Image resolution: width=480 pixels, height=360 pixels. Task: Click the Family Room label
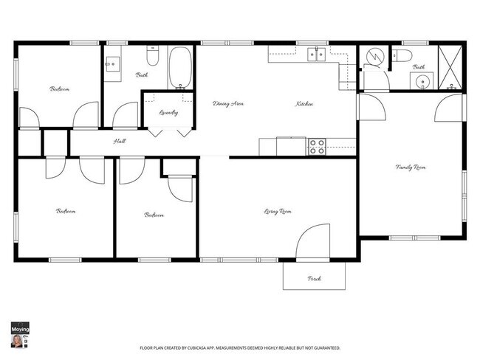pyautogui.click(x=411, y=168)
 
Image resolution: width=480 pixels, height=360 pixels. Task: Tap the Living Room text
pyautogui.click(x=278, y=212)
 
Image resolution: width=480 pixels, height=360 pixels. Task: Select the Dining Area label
pyautogui.click(x=228, y=104)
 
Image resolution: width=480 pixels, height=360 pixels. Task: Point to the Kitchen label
pyautogui.click(x=304, y=104)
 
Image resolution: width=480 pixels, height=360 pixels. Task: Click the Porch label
pyautogui.click(x=313, y=278)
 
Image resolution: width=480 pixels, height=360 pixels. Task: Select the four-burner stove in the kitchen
pyautogui.click(x=318, y=146)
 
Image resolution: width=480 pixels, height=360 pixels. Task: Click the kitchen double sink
pyautogui.click(x=318, y=53)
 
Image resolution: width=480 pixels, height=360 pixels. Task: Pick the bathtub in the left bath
pyautogui.click(x=180, y=67)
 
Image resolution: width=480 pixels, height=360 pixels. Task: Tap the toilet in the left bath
pyautogui.click(x=154, y=56)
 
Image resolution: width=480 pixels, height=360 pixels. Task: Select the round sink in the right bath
pyautogui.click(x=422, y=81)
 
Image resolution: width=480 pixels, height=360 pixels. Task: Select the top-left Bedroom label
pyautogui.click(x=60, y=89)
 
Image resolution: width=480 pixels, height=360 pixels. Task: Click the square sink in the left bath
pyautogui.click(x=113, y=63)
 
